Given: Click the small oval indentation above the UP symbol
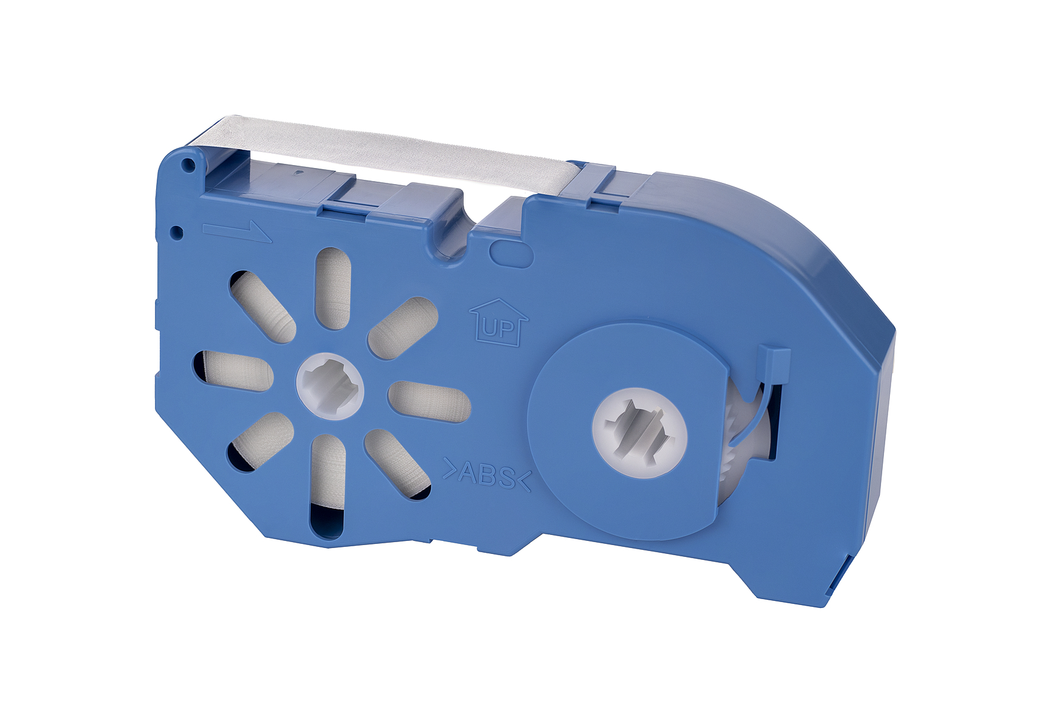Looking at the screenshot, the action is click(511, 254).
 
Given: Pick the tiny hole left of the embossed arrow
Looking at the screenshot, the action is click(176, 232).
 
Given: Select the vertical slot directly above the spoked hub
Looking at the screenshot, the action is click(332, 288).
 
